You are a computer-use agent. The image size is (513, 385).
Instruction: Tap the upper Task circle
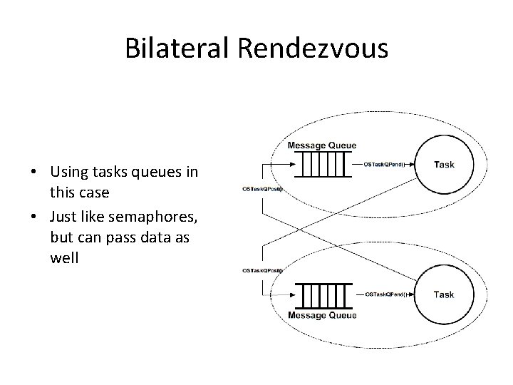tap(443, 165)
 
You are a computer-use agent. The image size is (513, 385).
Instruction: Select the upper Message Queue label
tap(322, 146)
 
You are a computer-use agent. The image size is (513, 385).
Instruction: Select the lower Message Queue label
tap(322, 315)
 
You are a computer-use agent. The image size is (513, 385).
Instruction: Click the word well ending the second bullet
tap(65, 256)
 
